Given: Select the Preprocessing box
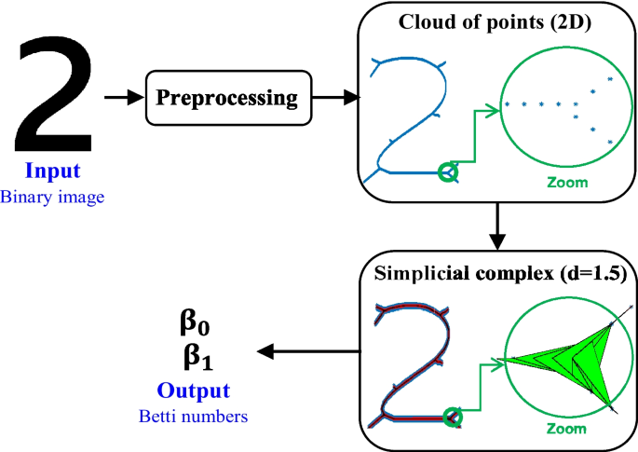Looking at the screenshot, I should pos(227,97).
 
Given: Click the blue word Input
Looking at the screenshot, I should pos(52,171).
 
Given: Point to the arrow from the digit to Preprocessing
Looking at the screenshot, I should pos(119,96).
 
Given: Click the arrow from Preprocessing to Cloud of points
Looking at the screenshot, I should pos(333,97).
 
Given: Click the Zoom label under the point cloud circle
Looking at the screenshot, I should pos(569,183).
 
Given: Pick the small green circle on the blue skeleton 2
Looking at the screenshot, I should pos(449,171).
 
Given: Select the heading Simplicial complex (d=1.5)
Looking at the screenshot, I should pos(498,274).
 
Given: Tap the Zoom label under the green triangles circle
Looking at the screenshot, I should pos(568,429).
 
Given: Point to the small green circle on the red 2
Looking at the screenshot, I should pos(451,418).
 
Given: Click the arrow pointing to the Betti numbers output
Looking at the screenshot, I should pos(308,351).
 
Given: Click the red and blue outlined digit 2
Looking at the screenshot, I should pos(410,363).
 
